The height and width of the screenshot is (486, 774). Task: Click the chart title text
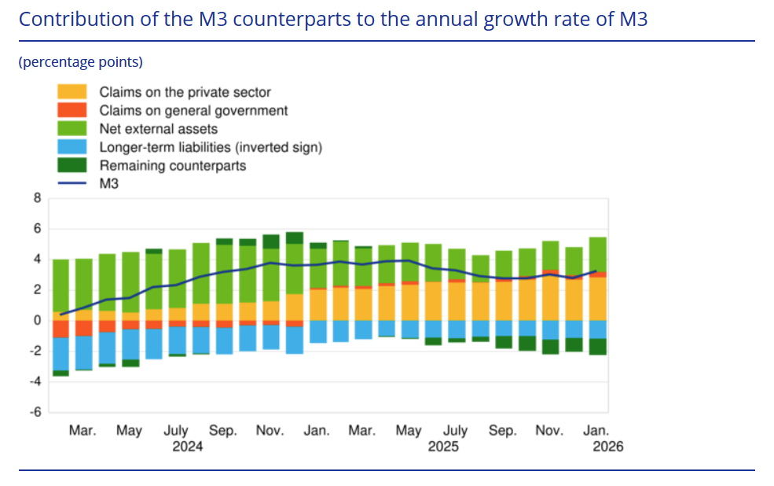coord(332,20)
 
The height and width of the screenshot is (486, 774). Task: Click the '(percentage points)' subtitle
coord(80,62)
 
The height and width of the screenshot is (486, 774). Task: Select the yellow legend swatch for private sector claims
coord(72,93)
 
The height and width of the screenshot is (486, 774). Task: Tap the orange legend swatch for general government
coord(72,111)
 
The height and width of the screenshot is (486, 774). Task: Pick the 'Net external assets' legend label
coord(158,129)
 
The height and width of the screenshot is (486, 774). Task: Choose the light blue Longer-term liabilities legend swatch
coord(72,147)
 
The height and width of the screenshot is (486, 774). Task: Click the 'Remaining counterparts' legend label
coord(172,165)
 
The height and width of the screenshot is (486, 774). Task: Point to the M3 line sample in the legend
coord(72,183)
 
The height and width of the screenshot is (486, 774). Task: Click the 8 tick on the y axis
coord(36,199)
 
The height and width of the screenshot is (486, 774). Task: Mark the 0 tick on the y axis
coord(36,321)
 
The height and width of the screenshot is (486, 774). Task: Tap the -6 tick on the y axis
coord(35,412)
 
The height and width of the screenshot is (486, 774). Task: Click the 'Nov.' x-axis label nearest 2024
coord(270,431)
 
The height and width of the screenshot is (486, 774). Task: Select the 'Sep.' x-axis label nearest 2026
coord(502,431)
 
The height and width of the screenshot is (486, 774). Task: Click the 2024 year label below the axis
coord(188,447)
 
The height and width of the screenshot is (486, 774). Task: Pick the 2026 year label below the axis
coord(608,447)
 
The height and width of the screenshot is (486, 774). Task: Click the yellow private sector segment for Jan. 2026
coord(597,299)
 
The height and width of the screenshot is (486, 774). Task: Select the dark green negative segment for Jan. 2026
coord(597,347)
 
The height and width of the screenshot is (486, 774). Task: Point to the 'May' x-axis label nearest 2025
coord(409,431)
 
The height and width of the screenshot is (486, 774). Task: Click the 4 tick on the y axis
coord(36,260)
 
